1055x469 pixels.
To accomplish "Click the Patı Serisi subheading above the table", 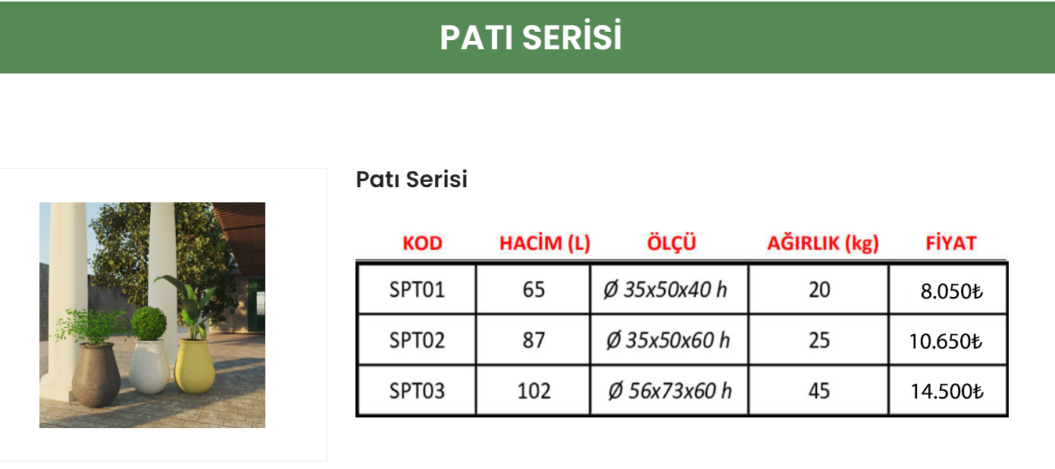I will (x=412, y=180).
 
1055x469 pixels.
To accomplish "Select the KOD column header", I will (x=422, y=243).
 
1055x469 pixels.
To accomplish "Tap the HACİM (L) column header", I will (x=544, y=243).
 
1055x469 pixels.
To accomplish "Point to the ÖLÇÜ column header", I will (x=672, y=243).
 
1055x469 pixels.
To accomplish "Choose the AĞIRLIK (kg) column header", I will (x=823, y=243).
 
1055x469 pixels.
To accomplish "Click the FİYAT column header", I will (x=951, y=243).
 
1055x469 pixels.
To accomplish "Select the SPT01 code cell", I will (x=417, y=289).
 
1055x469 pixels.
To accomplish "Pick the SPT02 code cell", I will (x=417, y=340).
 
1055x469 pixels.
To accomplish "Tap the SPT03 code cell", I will (x=417, y=391).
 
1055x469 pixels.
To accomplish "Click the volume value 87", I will (x=534, y=340).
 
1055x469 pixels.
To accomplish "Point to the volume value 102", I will (x=534, y=391).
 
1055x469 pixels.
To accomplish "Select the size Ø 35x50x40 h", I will (x=665, y=289).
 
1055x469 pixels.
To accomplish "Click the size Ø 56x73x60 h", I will (x=670, y=391).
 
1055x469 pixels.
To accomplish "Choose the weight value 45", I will (x=819, y=391).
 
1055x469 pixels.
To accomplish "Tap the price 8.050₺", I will (x=951, y=292).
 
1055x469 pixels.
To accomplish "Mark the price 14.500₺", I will (x=947, y=392).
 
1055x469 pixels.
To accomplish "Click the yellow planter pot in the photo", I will (x=195, y=365).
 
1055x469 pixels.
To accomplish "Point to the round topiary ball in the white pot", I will (x=149, y=323).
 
